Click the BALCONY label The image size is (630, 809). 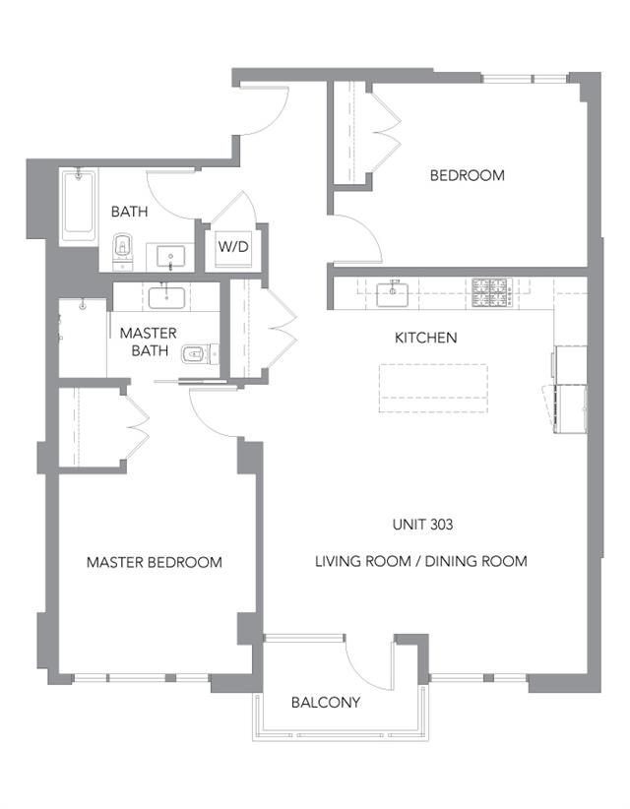326,702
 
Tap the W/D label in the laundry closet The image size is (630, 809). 233,246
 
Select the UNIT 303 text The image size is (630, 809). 422,525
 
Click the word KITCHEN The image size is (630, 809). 425,338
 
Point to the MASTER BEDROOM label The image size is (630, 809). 155,562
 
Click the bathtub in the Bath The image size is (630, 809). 79,206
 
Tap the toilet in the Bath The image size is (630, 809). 123,251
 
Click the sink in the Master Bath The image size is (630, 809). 166,297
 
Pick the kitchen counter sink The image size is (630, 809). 392,293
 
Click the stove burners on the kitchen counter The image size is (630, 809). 490,293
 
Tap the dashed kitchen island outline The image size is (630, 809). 433,388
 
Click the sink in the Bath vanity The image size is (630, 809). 170,257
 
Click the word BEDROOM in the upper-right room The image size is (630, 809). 467,175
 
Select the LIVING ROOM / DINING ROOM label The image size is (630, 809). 421,561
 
